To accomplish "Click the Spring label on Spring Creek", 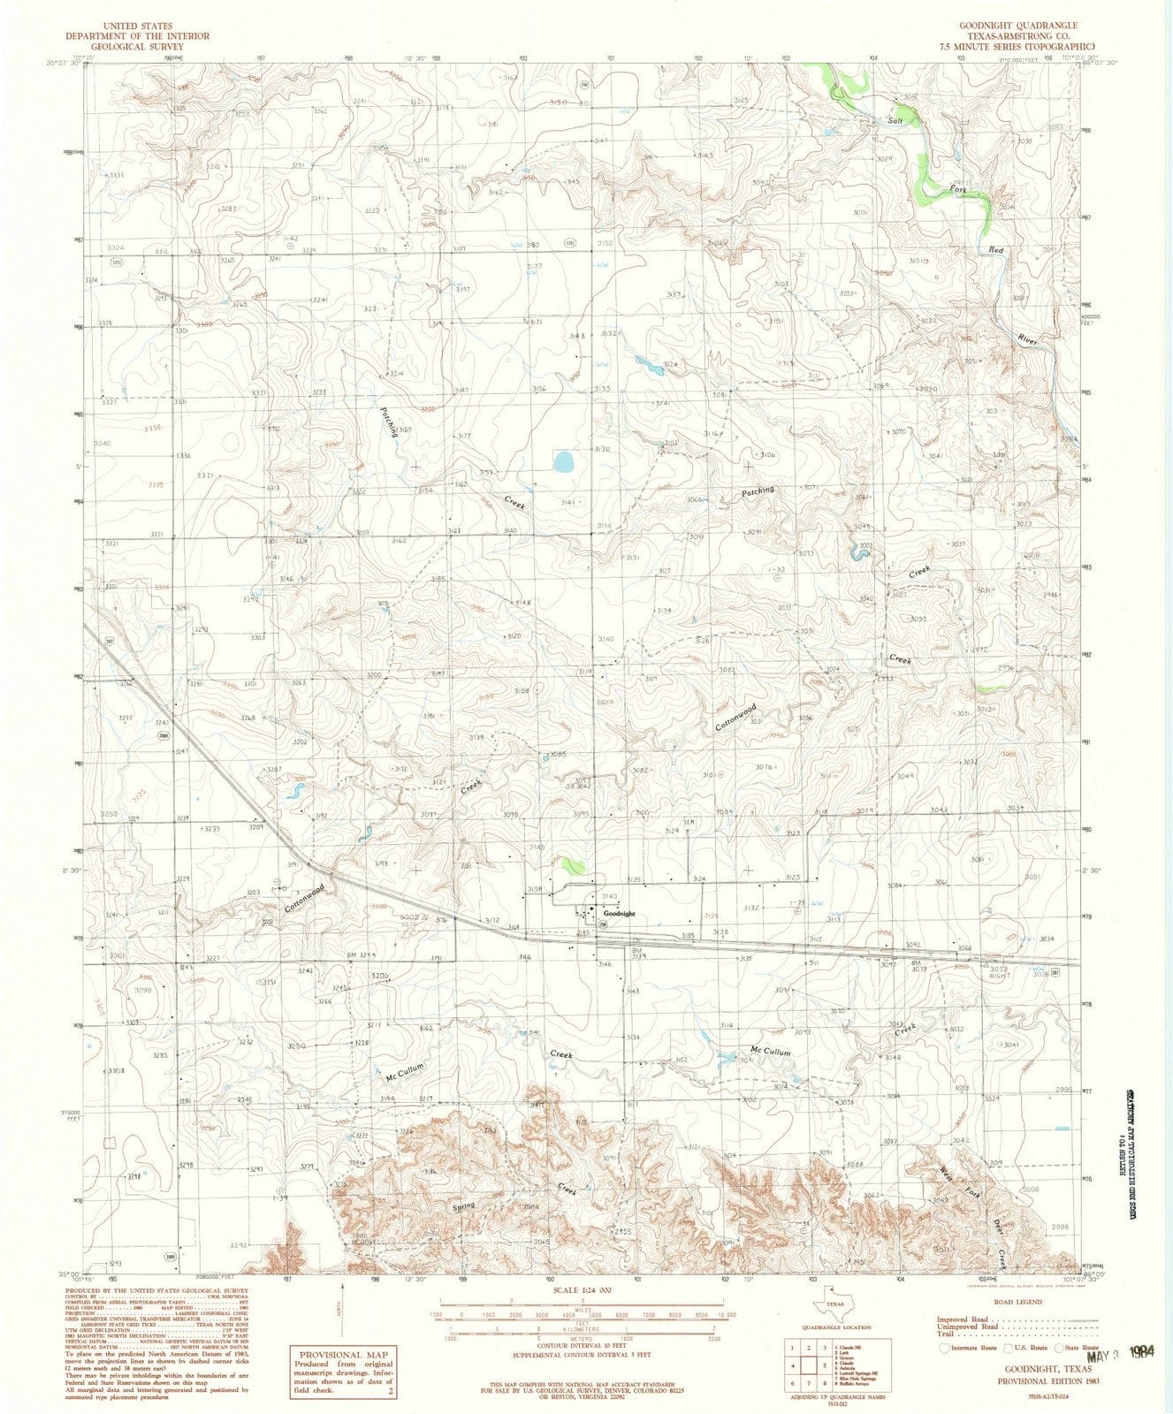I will (463, 1205).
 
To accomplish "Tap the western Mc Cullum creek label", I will (406, 1073).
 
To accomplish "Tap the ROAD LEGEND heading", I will (1019, 1302).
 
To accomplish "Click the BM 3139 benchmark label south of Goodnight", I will (636, 953).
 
